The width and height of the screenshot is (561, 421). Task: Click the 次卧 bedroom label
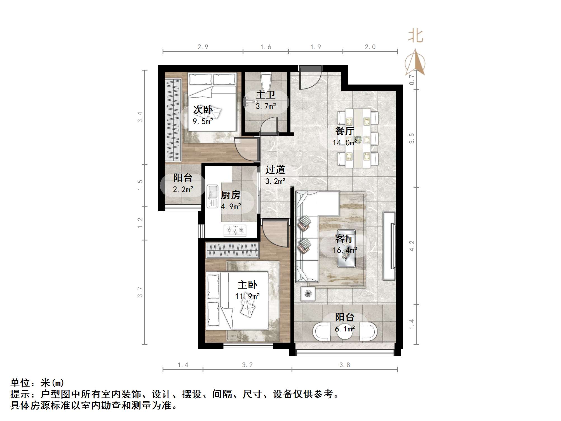pos(203,110)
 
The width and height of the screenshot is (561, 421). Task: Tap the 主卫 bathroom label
pos(266,95)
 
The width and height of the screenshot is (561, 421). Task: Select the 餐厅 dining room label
pos(344,131)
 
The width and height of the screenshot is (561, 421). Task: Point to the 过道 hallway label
pos(275,170)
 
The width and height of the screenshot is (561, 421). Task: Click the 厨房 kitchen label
pos(231,195)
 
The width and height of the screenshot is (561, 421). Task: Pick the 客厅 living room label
pos(344,238)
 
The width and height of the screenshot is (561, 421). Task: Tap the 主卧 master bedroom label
pos(247,285)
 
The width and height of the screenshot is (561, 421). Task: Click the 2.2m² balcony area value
pos(183,190)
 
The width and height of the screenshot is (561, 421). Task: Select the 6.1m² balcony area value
pos(345,329)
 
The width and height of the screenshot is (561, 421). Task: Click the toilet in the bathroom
pos(266,80)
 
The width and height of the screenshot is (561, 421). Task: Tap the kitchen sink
pos(212,196)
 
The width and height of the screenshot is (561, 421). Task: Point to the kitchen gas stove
pos(235,231)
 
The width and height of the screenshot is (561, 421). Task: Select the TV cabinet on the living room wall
pos(389,246)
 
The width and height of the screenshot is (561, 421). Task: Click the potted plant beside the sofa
pos(308,294)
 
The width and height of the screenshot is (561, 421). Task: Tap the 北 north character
pos(416,36)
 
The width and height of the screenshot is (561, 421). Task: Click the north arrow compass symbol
pos(416,62)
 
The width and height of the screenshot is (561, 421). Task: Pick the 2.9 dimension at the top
pos(203,47)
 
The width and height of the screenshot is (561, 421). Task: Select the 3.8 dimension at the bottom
pos(345,365)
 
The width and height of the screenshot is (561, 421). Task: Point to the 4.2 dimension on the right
pos(412,246)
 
